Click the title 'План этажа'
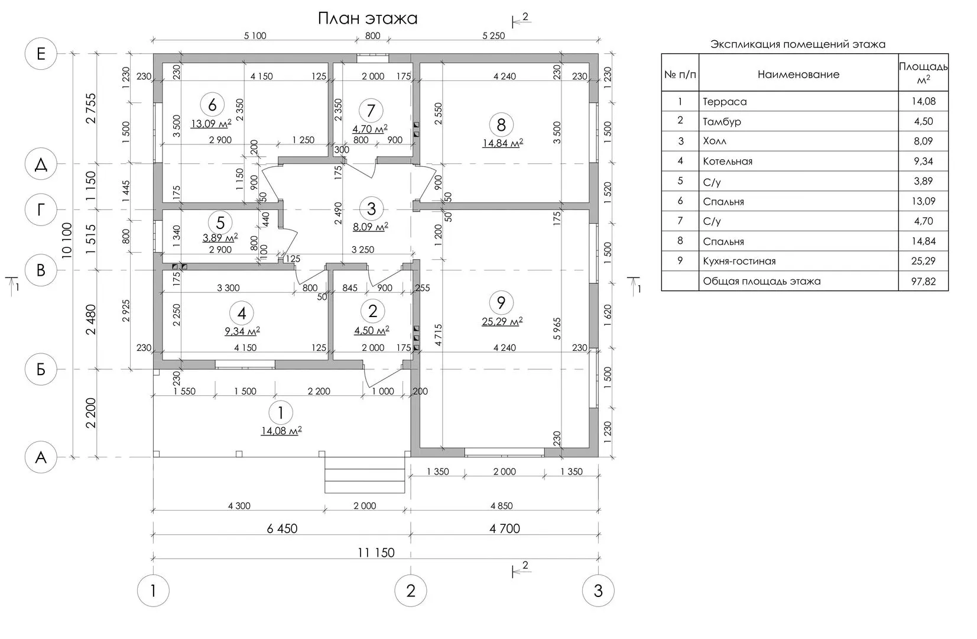[367, 18]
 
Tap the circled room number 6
[212, 105]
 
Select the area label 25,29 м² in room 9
[502, 322]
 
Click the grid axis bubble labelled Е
[41, 54]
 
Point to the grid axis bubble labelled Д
[41, 164]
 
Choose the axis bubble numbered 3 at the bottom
[598, 590]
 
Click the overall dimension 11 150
[376, 553]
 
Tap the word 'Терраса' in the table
[725, 102]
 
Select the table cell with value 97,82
[923, 282]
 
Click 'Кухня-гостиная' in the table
[739, 262]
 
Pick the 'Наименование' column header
[798, 75]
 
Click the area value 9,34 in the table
[923, 162]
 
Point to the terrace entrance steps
[365, 480]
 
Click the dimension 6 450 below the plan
[281, 528]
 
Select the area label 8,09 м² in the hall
[371, 227]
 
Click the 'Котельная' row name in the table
[728, 162]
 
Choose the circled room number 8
[501, 125]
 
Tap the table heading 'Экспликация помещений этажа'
[797, 44]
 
